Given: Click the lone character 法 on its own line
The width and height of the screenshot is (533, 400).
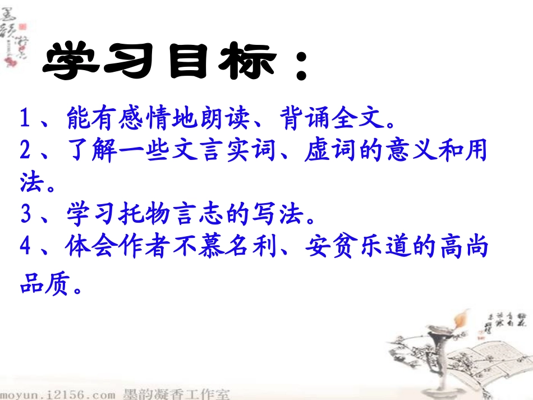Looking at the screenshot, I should click(x=31, y=183).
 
